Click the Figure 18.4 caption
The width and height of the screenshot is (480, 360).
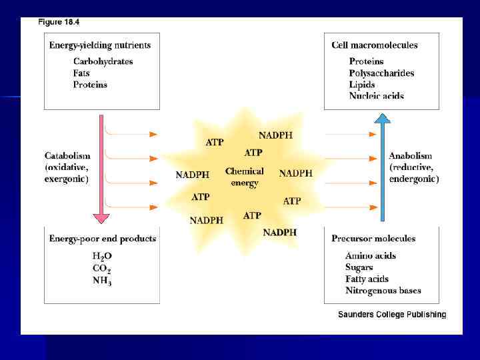pyautogui.click(x=59, y=22)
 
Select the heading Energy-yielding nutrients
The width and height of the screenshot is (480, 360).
pyautogui.click(x=100, y=45)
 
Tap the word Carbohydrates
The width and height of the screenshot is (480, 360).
pyautogui.click(x=103, y=61)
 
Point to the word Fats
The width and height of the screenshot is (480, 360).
pyautogui.click(x=83, y=73)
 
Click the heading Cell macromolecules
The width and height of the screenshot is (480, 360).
pyautogui.click(x=375, y=45)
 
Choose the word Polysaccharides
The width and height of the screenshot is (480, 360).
pyautogui.click(x=381, y=73)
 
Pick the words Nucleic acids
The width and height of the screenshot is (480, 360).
pyautogui.click(x=376, y=96)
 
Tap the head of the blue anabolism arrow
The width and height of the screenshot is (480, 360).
pyautogui.click(x=382, y=119)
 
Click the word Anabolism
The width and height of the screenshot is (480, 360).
pyautogui.click(x=411, y=155)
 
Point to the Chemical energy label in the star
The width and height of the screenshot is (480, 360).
pyautogui.click(x=245, y=177)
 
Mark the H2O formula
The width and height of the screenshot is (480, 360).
pyautogui.click(x=103, y=256)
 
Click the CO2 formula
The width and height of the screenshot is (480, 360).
pyautogui.click(x=101, y=269)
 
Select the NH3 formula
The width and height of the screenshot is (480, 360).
pyautogui.click(x=101, y=281)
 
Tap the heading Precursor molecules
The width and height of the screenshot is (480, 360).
pyautogui.click(x=373, y=239)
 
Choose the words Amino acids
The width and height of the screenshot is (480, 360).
pyautogui.click(x=371, y=256)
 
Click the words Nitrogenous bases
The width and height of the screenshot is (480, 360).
pyautogui.click(x=383, y=291)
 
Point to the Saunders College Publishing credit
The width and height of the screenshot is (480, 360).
pyautogui.click(x=392, y=315)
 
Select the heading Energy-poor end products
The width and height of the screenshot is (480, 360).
pyautogui.click(x=103, y=239)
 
